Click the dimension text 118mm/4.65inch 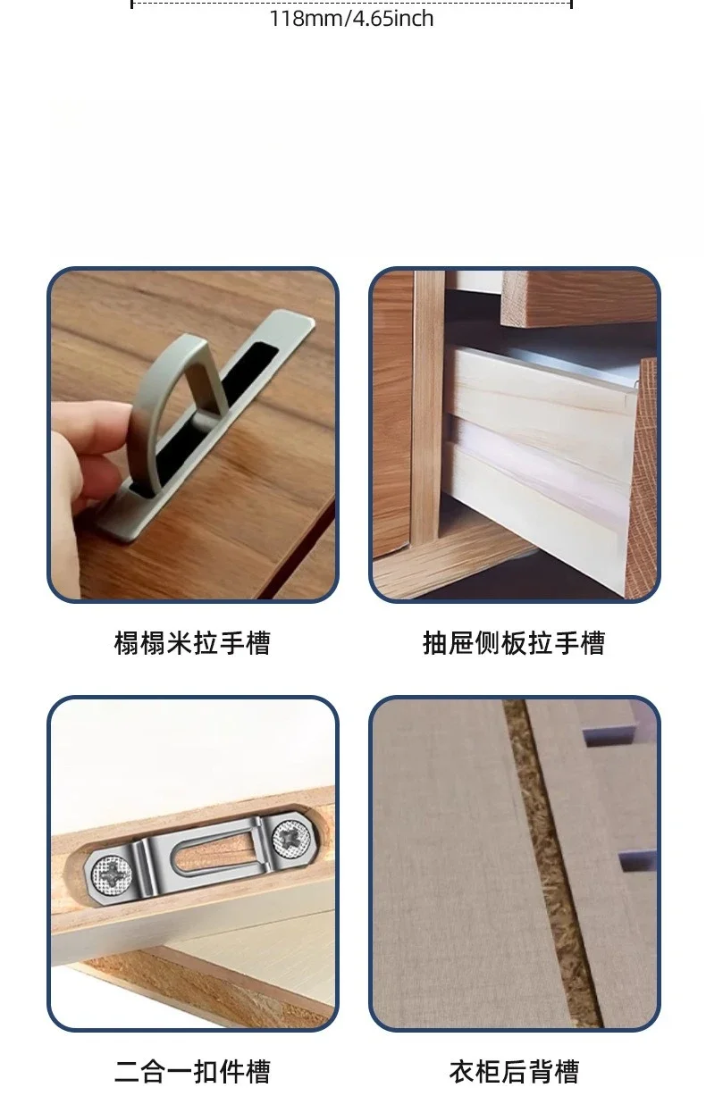click(351, 19)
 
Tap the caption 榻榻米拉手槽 click(192, 642)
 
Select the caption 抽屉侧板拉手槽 click(514, 642)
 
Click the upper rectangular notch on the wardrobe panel click(609, 736)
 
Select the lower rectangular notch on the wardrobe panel click(636, 862)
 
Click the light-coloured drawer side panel click(539, 470)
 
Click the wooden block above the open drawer click(577, 298)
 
